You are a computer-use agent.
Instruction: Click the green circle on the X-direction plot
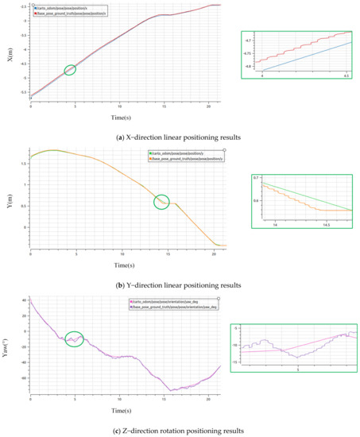tap(70, 70)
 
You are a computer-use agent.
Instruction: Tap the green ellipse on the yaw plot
tap(75, 339)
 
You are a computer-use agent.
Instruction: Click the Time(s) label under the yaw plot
tap(128, 411)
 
